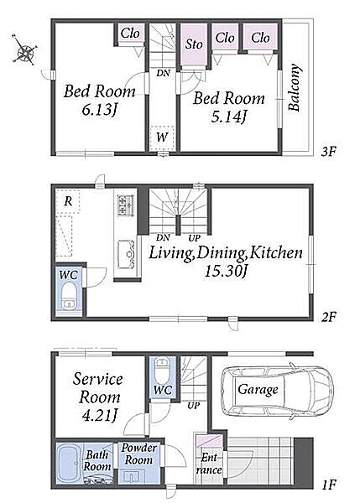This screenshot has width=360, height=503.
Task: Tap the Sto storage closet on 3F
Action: coord(194,44)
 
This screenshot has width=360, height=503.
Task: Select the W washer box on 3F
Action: coord(162,138)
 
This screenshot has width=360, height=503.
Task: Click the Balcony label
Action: coord(295,87)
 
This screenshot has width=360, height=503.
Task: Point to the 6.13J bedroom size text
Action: coord(98,110)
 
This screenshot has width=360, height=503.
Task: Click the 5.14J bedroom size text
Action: coord(228,117)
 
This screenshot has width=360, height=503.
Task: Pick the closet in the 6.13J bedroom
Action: coord(130,33)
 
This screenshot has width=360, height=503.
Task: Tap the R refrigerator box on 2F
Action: coord(68,201)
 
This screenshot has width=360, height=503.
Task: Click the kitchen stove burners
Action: coord(123,205)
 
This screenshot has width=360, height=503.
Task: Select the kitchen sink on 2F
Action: coord(126,254)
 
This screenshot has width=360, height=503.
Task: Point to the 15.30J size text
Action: coord(226,272)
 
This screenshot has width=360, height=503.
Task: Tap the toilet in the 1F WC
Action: coord(161,370)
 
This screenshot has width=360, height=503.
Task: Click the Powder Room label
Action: coord(138,454)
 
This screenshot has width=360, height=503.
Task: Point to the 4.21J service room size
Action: coord(99,416)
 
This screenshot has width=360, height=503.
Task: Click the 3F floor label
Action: coord(328,151)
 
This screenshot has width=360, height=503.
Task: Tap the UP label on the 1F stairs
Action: coord(193,405)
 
